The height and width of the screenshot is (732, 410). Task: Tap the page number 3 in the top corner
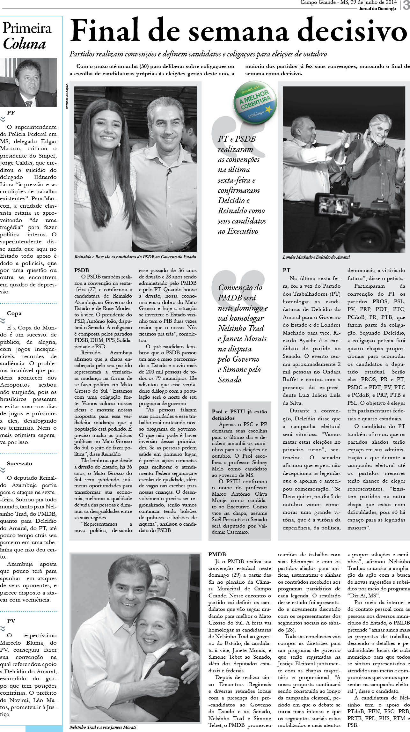click(406, 6)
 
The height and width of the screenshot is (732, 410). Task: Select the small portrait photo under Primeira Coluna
click(28, 83)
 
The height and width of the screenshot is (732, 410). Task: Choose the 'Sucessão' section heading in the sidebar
click(19, 463)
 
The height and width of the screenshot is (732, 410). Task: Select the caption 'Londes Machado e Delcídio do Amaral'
click(316, 257)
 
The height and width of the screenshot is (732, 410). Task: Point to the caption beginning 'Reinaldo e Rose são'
click(135, 256)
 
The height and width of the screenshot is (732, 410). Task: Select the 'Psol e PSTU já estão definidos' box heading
click(239, 415)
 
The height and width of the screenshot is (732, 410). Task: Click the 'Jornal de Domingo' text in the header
click(377, 9)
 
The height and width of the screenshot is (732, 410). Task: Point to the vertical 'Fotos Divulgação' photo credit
click(67, 96)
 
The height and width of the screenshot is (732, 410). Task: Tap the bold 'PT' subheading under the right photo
click(286, 270)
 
